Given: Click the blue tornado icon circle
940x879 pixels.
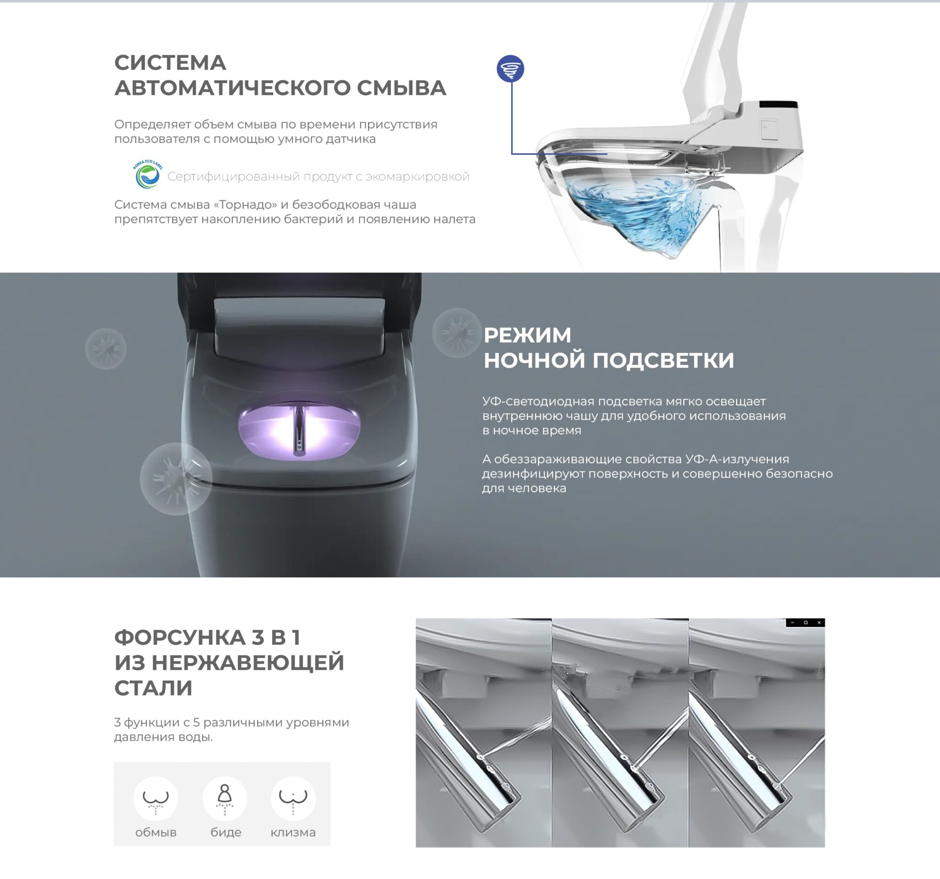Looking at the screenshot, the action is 511,68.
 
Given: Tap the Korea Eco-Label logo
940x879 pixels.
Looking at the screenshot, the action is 147,174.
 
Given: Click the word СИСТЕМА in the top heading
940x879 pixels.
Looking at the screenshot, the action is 170,62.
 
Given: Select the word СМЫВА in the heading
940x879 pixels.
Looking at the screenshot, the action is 401,88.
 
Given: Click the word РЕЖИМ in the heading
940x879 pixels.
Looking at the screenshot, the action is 527,335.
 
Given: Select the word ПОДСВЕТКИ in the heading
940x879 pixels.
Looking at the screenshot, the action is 663,360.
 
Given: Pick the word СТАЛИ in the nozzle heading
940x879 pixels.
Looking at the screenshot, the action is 153,688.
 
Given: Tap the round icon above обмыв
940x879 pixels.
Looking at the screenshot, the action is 156,799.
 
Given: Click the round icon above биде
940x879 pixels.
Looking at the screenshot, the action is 224,799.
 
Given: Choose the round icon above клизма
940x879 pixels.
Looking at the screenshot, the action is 293,799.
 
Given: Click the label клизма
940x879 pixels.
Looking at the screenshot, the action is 293,833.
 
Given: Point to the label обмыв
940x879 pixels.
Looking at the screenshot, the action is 156,833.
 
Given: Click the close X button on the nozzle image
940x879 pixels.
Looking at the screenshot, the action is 819,623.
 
